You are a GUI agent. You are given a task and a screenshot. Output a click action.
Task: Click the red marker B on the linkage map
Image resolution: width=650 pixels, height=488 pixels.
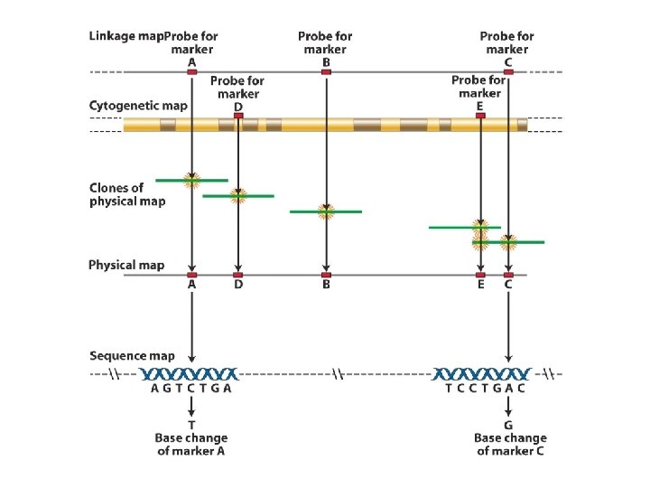[x=326, y=71]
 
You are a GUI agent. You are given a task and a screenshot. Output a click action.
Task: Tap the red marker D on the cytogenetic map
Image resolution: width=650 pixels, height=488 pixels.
[x=238, y=116]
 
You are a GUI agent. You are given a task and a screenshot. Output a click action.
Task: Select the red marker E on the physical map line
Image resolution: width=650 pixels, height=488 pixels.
[x=480, y=275]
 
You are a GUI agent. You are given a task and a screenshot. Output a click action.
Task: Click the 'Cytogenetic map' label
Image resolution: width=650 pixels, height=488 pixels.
[x=138, y=106]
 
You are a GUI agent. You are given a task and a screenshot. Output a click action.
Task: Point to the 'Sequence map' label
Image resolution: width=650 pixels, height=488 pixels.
[x=132, y=356]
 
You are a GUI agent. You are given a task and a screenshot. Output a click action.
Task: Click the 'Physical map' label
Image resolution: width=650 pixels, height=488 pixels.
[x=126, y=265]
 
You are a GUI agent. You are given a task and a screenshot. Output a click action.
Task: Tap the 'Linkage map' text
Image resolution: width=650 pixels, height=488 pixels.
[x=126, y=36]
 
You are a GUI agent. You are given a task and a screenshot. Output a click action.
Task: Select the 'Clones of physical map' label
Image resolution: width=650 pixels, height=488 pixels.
[x=127, y=194]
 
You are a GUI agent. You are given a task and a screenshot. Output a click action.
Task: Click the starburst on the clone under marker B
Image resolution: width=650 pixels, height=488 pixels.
[x=326, y=211]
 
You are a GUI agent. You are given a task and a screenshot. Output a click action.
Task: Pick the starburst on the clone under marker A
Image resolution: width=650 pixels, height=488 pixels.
[x=192, y=181]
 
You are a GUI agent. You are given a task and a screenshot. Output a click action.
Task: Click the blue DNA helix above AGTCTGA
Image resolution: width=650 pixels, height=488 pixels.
[x=190, y=374]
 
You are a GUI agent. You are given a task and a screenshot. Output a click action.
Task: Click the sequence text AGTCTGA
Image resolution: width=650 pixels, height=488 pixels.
[x=191, y=389]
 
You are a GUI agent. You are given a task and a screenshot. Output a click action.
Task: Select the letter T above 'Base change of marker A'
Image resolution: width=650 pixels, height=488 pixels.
[x=191, y=425]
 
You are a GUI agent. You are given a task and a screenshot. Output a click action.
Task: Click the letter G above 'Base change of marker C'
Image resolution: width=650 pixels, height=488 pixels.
[x=508, y=425]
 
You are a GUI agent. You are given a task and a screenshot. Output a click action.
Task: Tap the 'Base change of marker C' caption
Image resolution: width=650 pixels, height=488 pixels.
[x=510, y=444]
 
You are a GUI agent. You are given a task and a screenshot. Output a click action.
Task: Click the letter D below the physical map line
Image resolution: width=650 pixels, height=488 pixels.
[x=238, y=285]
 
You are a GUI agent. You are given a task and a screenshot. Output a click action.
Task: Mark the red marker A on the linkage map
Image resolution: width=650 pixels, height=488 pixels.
[x=192, y=71]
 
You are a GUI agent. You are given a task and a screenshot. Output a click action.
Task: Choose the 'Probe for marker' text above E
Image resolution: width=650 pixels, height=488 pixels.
[x=478, y=87]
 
